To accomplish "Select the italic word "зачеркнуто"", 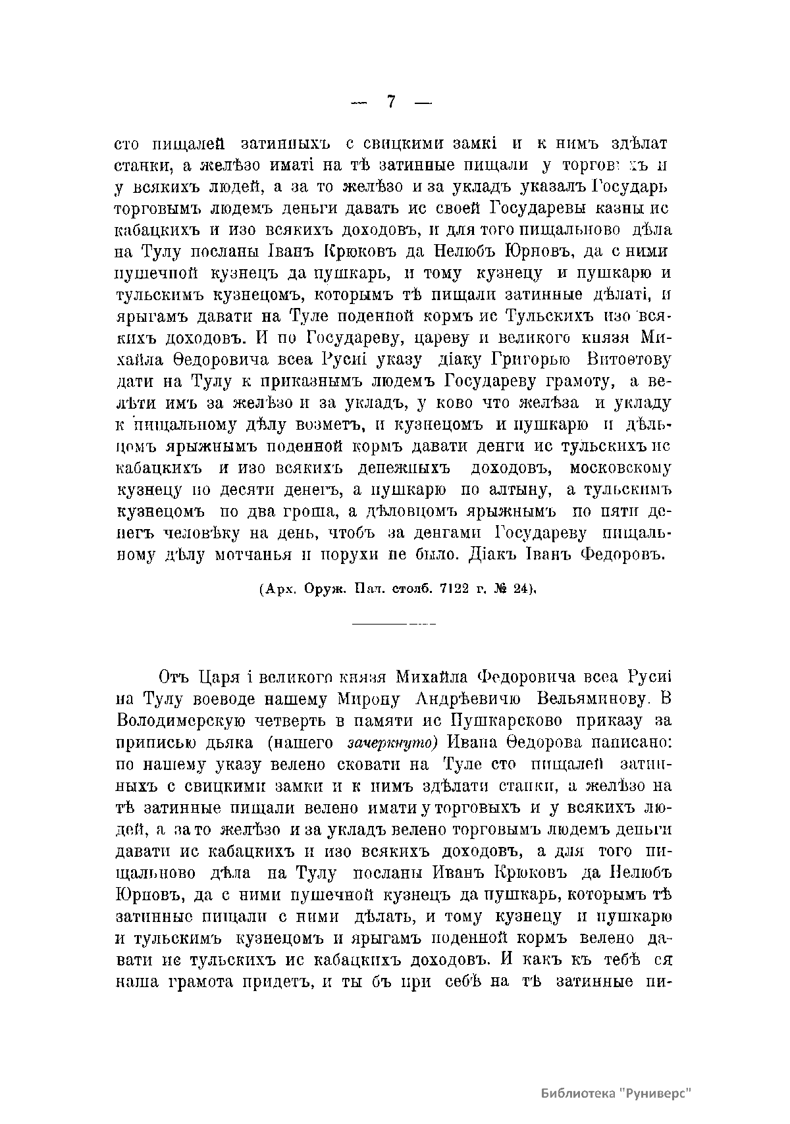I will pos(392,743).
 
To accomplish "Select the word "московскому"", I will pos(620,468).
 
